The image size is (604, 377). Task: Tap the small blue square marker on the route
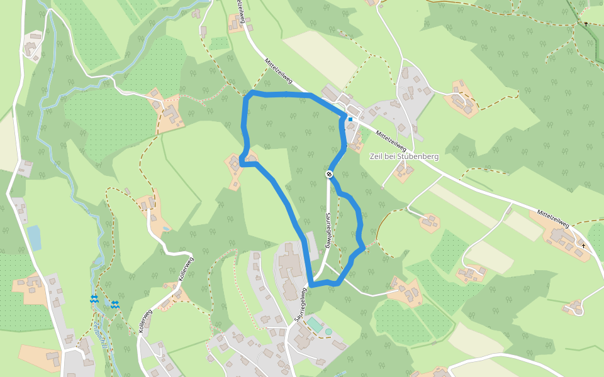pyautogui.click(x=350, y=119)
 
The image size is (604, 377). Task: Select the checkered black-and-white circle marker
pyautogui.click(x=329, y=174)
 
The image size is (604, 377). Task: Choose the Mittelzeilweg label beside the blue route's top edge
pyautogui.click(x=279, y=72)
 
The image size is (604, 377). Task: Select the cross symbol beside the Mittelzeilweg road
pyautogui.click(x=583, y=246)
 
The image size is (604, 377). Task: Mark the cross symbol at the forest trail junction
pyautogui.click(x=586, y=24)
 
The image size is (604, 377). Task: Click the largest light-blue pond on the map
pyautogui.click(x=34, y=238)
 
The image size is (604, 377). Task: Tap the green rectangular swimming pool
pyautogui.click(x=314, y=324)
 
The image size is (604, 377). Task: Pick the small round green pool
pyautogui.click(x=328, y=331)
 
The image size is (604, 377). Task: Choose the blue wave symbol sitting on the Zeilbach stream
pyautogui.click(x=94, y=299)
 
